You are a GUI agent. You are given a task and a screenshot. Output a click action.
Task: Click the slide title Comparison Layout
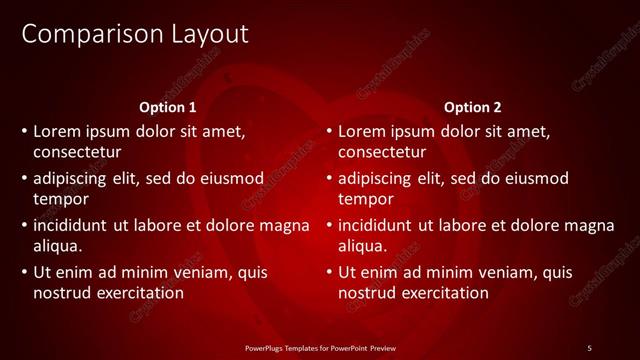tap(135, 34)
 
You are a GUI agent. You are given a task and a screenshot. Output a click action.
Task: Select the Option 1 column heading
tap(168, 107)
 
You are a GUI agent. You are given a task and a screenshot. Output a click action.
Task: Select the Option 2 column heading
tap(473, 107)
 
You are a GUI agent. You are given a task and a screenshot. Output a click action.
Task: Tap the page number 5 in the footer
tap(589, 347)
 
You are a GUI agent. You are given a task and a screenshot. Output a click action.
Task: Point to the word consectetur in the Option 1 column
tap(77, 152)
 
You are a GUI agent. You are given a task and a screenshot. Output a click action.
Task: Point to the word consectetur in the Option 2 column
tap(382, 152)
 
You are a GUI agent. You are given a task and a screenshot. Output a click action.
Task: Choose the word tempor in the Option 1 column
tap(60, 199)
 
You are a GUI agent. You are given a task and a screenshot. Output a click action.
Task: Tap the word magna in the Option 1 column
tap(285, 225)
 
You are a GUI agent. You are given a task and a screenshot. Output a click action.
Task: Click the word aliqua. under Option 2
tap(362, 245)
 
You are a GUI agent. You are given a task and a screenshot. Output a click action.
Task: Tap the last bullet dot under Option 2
tap(329, 272)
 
